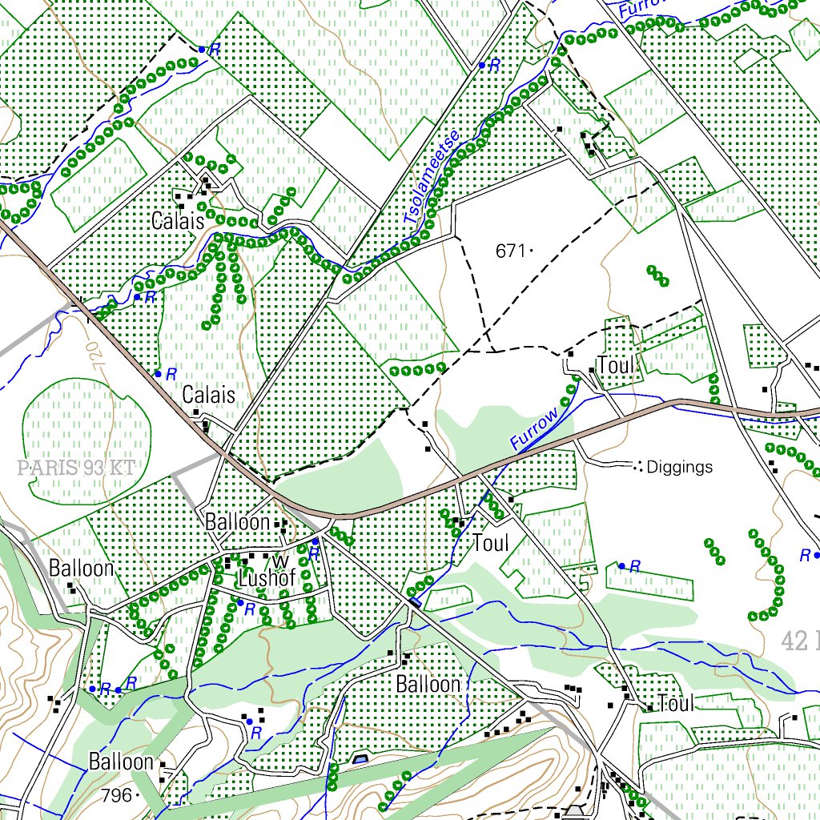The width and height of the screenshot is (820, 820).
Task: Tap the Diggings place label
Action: click(x=679, y=467)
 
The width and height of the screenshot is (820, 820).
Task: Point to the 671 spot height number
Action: click(x=509, y=251)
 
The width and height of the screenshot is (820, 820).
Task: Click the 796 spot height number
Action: click(x=116, y=795)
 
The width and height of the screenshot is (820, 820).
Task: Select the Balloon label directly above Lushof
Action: click(x=237, y=522)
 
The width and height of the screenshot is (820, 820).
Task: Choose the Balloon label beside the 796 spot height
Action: click(x=121, y=761)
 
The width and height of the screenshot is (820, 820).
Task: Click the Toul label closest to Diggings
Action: click(x=616, y=366)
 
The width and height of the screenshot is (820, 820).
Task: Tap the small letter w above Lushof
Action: click(x=280, y=558)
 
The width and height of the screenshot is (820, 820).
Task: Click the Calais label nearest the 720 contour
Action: click(x=209, y=395)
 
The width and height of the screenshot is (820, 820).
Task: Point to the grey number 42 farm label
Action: click(x=798, y=639)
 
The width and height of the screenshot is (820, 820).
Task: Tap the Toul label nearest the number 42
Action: click(x=675, y=704)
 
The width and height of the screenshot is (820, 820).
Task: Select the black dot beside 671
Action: click(x=532, y=251)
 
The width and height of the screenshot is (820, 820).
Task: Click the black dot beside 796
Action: click(x=139, y=795)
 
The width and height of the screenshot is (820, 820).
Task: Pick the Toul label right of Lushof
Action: click(x=491, y=543)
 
